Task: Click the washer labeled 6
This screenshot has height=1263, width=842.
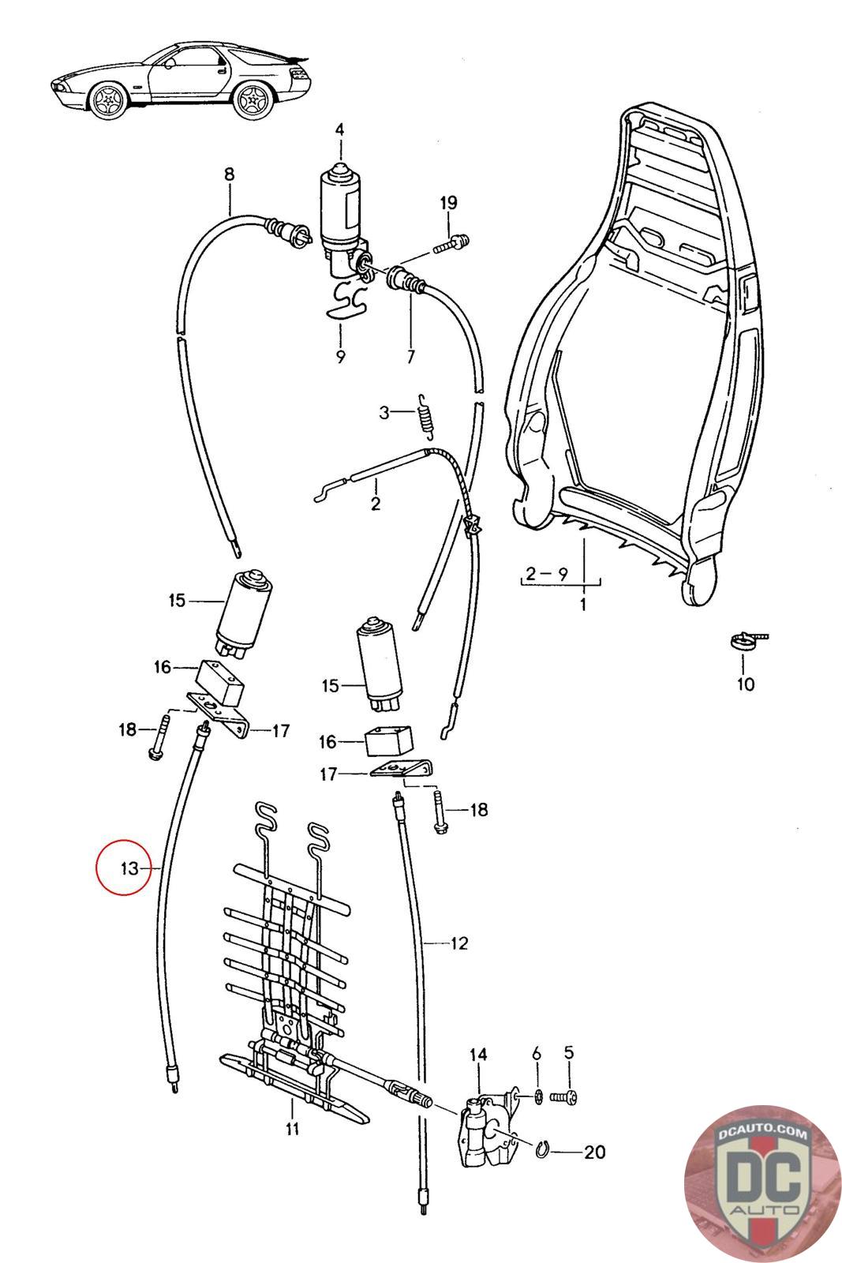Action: [537, 1096]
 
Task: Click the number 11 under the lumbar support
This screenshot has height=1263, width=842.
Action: [293, 1129]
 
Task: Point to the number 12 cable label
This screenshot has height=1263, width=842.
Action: [459, 943]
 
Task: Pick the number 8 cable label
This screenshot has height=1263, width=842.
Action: [229, 174]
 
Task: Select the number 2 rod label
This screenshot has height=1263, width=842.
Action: [375, 504]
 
